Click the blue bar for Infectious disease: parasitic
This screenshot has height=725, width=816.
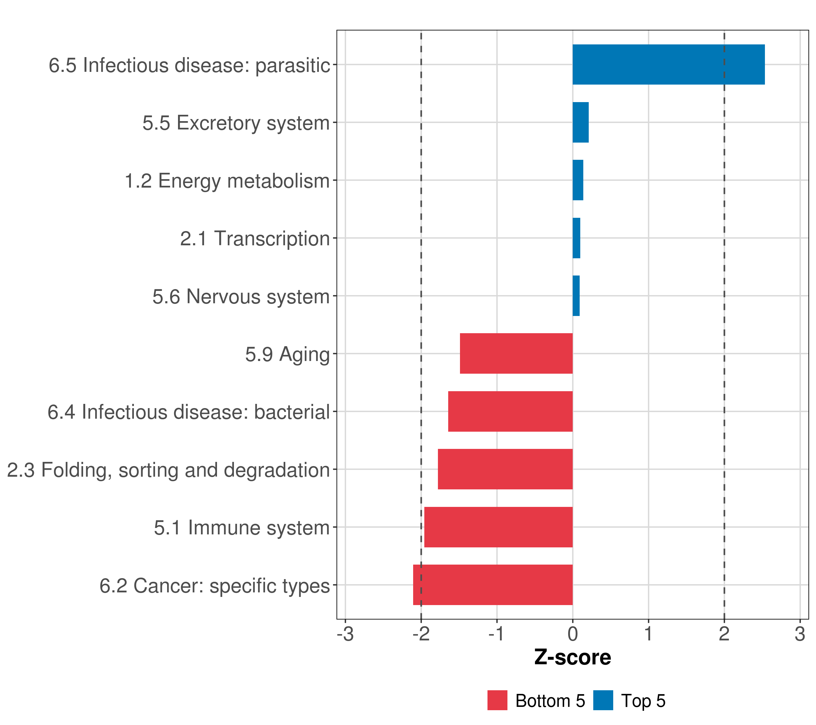pos(668,65)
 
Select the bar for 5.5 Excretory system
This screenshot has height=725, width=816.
pos(581,123)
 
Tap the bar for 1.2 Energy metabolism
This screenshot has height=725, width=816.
pos(578,180)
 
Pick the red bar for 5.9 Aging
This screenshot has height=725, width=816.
pos(516,353)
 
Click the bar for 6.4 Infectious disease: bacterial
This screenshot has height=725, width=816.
pos(510,411)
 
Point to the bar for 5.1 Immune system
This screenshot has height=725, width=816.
pos(498,527)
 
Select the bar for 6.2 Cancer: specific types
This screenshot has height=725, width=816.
pos(493,585)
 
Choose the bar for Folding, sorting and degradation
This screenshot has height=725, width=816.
pos(505,469)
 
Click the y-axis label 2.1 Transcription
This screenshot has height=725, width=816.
pos(255,239)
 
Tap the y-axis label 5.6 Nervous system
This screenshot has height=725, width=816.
pos(241,296)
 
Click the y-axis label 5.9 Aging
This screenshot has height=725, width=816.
pos(287,354)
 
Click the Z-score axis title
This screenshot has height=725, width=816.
pos(572,658)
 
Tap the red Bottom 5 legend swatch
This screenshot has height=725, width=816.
pos(497,701)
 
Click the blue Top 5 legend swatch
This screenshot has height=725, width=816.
pos(603,701)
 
